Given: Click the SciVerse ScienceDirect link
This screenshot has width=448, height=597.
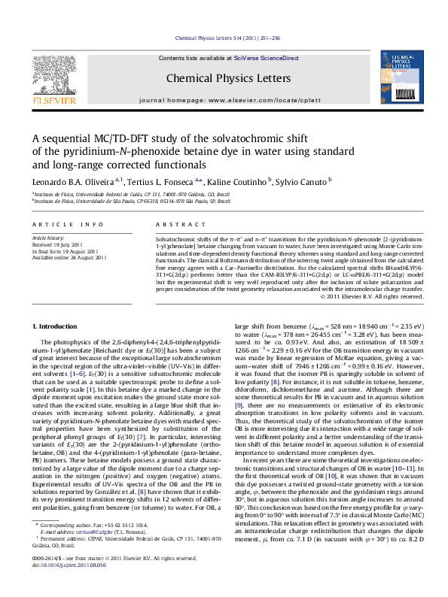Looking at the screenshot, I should [267, 58].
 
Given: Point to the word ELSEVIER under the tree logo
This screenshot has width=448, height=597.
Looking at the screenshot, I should [53, 99].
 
